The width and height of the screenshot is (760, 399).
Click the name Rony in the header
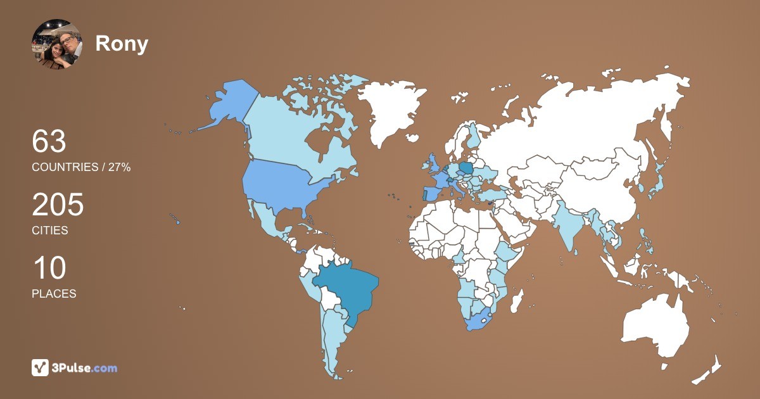coord(122,44)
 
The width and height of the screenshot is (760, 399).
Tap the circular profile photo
coord(56,44)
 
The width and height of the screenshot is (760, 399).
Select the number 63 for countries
coord(49,142)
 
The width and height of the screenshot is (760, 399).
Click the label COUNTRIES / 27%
coord(81,167)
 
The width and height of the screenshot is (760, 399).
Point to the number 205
coord(58,205)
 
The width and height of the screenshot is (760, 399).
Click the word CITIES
coord(50,231)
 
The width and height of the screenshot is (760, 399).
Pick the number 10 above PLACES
coord(49,269)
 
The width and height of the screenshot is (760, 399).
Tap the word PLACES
coord(54,294)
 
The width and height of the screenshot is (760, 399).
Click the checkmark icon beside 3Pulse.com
coord(40,367)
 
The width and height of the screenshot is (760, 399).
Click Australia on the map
coord(655,326)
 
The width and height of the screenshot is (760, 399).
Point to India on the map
coord(570,228)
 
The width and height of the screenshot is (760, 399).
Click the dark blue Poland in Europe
coord(466,168)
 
